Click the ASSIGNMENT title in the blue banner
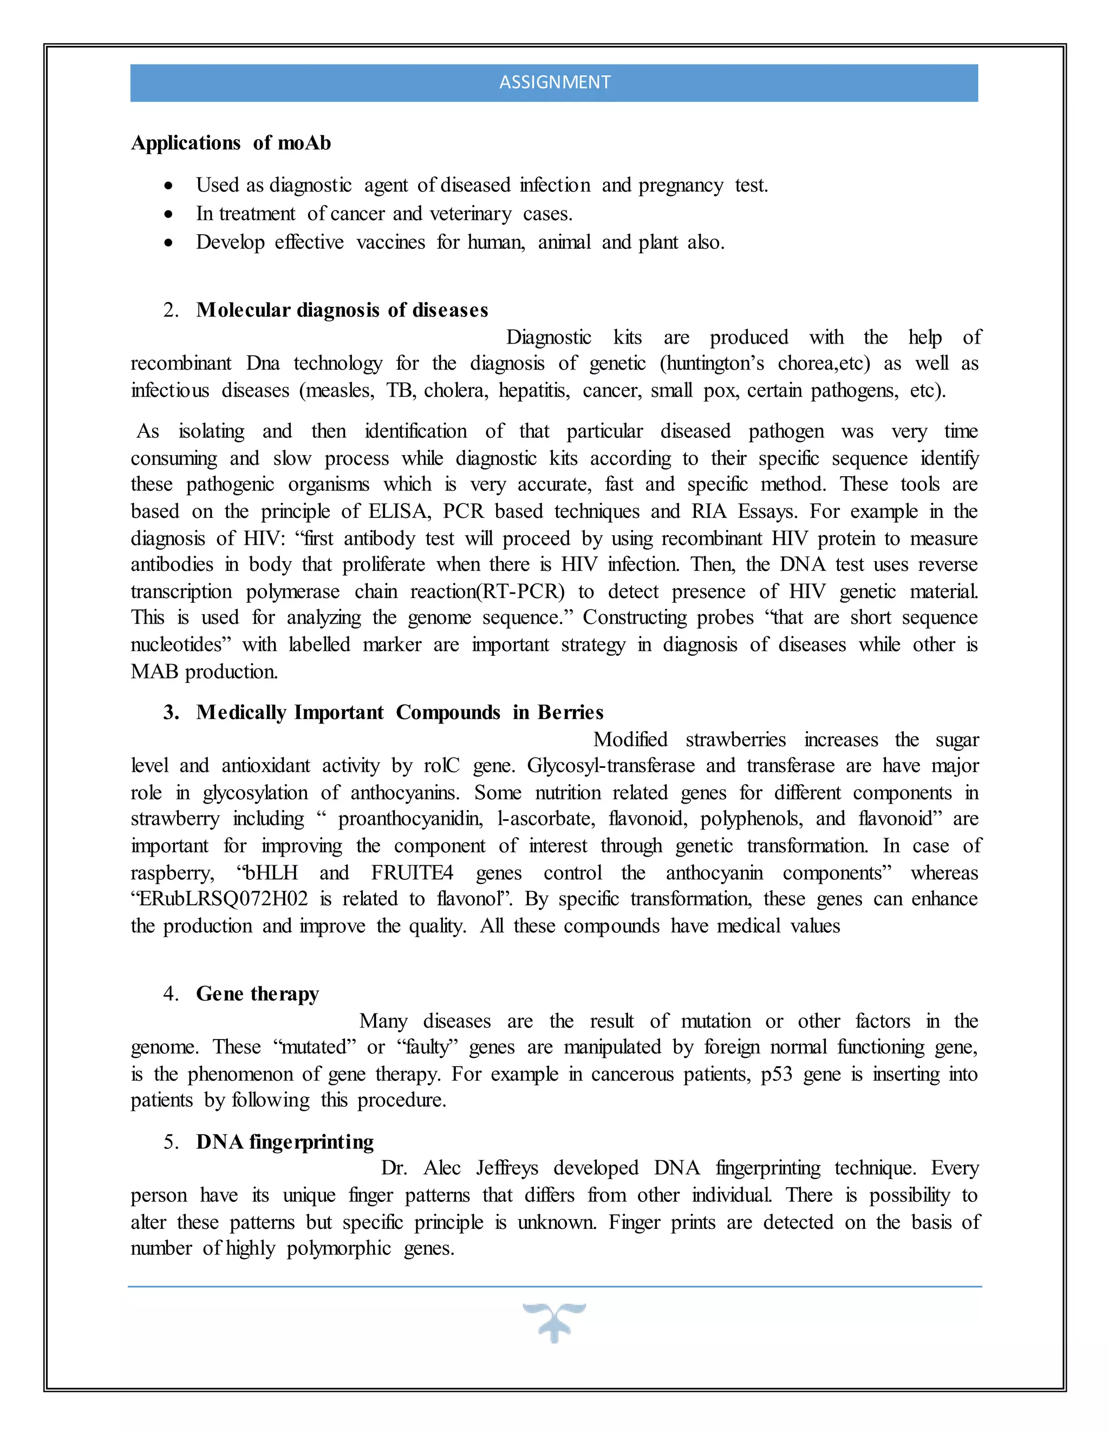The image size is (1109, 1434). (554, 82)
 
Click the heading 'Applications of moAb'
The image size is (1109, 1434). (231, 143)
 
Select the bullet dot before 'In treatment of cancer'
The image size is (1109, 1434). (169, 214)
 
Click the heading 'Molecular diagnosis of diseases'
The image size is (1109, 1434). (342, 310)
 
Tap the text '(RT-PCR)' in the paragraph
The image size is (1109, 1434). (521, 591)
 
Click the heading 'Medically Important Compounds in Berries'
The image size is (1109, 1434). (400, 713)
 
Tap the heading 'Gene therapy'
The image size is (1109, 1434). (258, 994)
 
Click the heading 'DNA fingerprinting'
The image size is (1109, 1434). (284, 1142)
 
